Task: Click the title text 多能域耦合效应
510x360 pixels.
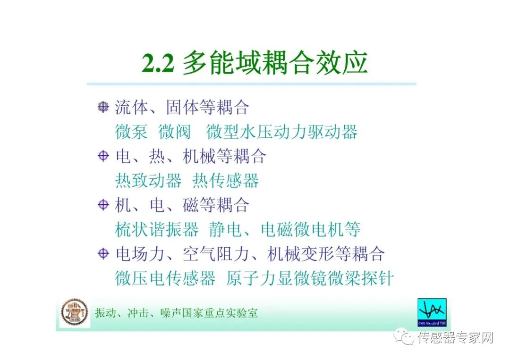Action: tap(275, 64)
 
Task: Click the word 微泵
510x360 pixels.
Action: tap(131, 132)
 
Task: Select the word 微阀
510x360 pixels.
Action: tap(174, 132)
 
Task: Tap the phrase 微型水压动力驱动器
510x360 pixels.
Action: tap(281, 132)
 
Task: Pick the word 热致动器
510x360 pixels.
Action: tap(148, 180)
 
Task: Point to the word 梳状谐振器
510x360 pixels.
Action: tap(157, 229)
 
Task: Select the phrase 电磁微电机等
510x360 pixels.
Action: tap(311, 229)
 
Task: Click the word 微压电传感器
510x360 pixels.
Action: tap(165, 278)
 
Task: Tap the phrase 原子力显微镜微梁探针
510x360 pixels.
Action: tap(309, 278)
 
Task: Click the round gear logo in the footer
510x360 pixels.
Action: tap(74, 312)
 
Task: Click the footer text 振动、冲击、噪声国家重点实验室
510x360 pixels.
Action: tap(176, 313)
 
